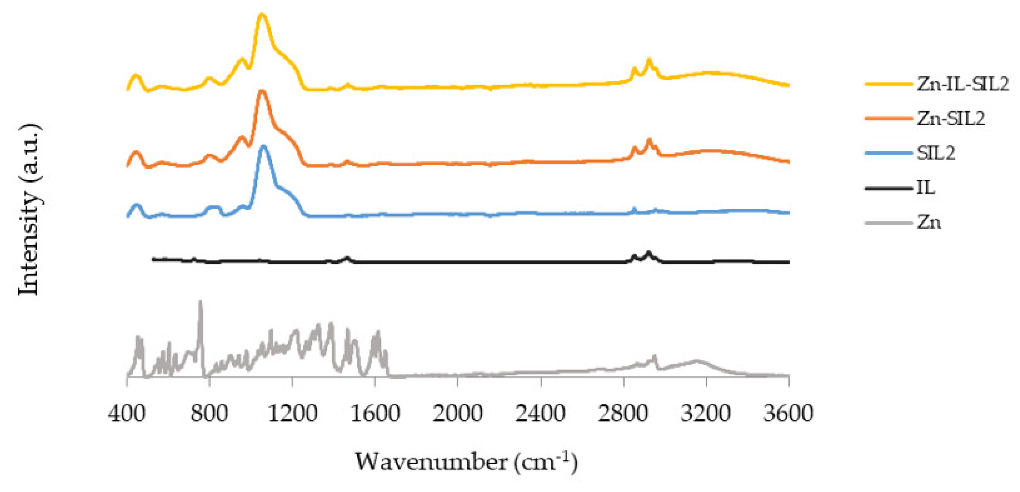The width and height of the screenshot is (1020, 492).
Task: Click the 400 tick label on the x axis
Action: coord(126,413)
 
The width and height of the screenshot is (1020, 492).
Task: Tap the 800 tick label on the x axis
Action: coord(209,413)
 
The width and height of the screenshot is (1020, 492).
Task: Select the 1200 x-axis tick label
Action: coord(292,413)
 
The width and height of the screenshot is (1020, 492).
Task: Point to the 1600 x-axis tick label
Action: coord(375,413)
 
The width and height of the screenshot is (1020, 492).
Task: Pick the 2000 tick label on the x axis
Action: coord(457,413)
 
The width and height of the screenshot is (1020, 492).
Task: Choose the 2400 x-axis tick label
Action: coord(540,413)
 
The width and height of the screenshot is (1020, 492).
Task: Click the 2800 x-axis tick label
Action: coord(623,413)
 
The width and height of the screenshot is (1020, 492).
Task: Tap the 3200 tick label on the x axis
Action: coord(706,413)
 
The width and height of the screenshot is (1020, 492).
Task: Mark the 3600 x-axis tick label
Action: coord(788,413)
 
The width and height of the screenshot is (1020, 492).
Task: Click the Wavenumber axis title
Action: coord(466,462)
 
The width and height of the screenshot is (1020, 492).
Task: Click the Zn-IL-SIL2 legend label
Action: coord(963,84)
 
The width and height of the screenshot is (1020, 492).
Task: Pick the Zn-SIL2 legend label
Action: coord(951,119)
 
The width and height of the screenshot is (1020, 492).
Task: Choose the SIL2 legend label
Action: coord(936,153)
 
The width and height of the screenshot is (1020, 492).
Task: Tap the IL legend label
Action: coord(925,188)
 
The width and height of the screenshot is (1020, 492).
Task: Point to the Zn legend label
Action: coord(929,223)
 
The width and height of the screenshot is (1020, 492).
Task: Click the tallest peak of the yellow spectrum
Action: coord(262,15)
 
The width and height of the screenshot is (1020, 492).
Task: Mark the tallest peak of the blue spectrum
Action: coord(264,146)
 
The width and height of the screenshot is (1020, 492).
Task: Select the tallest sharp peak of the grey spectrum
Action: coord(200,302)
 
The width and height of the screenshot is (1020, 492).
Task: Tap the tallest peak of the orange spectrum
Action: coord(262,91)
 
